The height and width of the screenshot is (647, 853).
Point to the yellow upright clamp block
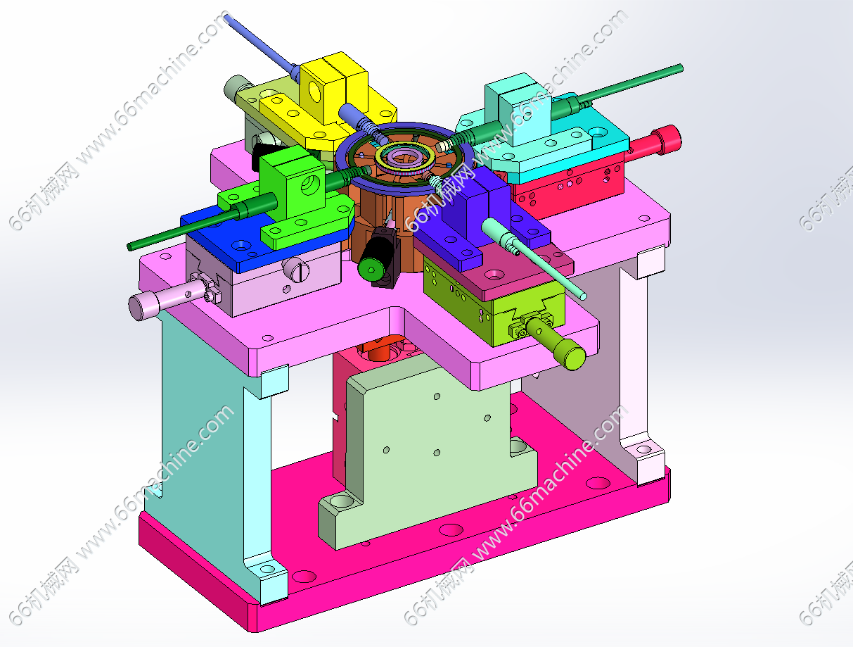[x=333, y=90]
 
